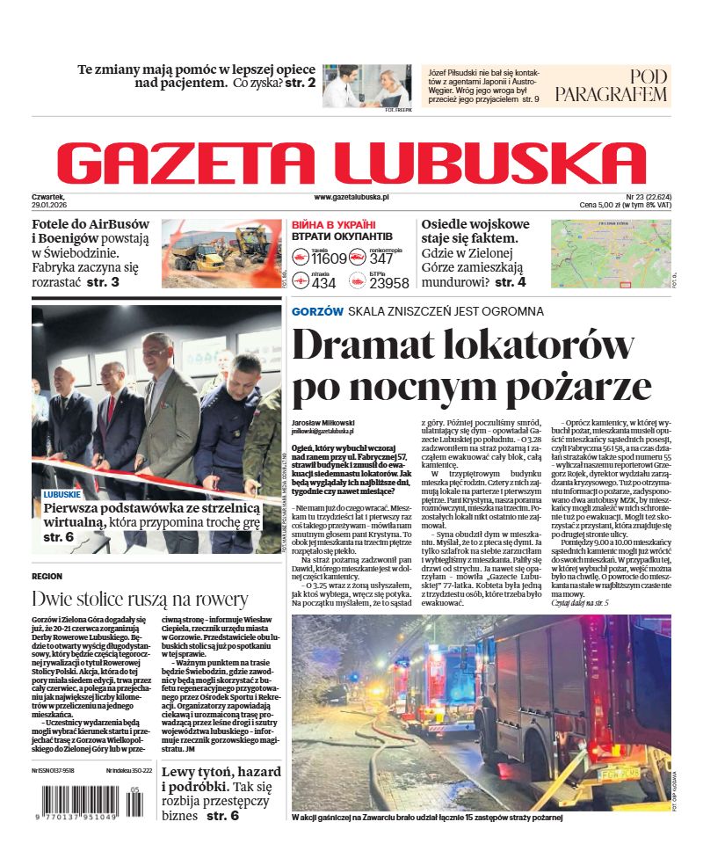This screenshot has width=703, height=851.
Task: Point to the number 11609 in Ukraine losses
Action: point(330,258)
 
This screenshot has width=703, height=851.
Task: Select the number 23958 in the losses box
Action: point(388,282)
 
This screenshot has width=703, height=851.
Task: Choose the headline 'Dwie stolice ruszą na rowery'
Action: point(140,599)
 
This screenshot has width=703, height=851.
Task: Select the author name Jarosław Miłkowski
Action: point(323,422)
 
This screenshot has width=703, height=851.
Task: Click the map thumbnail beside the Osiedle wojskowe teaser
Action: point(610,252)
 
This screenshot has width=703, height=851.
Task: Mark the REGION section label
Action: point(47,576)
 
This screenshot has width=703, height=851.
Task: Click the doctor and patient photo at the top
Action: point(366,86)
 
